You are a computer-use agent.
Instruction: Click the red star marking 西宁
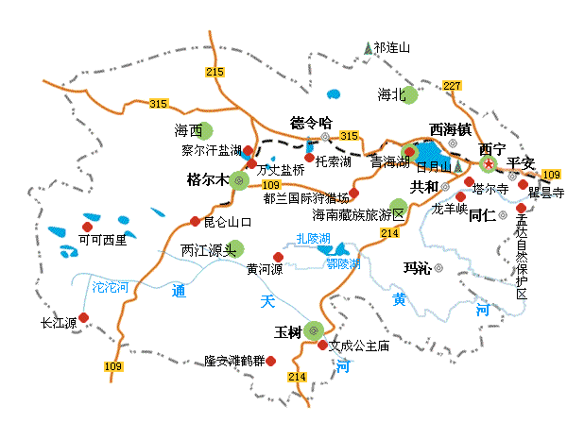pos(489,164)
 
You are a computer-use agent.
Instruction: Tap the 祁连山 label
pos(392,46)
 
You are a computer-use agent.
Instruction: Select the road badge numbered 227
pos(452,86)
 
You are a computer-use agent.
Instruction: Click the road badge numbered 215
pos(215,72)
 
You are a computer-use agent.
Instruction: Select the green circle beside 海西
pos(205,131)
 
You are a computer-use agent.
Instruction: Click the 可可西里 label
pos(102,240)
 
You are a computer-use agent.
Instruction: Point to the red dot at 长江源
pos(84,317)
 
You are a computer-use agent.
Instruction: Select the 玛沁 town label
pos(417,268)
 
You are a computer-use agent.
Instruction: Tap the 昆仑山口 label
pos(227,222)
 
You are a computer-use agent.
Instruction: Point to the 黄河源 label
pos(266,269)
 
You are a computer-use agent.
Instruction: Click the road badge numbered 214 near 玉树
pos(297,377)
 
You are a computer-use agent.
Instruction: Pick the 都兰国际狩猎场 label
pos(306,198)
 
